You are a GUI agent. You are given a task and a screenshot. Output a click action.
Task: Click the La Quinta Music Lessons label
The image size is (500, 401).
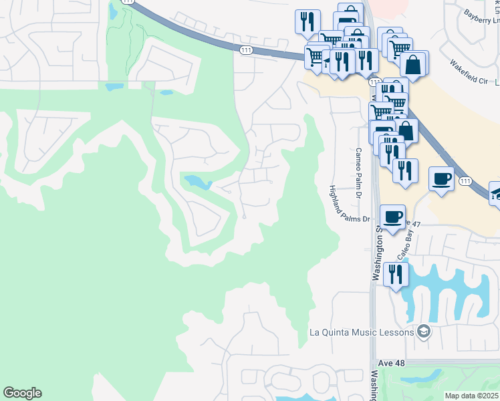[362, 331]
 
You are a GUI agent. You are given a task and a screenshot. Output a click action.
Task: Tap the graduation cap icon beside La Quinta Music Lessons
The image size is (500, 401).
[422, 331]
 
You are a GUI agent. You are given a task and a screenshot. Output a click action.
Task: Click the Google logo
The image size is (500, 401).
[22, 393]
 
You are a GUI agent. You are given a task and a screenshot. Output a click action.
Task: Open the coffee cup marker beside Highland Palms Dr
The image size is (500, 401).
[392, 216]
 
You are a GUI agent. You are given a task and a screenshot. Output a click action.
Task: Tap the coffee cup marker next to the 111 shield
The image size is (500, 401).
[441, 178]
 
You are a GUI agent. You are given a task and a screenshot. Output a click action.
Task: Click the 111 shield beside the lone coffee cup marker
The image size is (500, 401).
[465, 181]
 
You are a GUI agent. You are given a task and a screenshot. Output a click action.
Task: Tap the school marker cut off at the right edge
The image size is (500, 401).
[495, 192]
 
